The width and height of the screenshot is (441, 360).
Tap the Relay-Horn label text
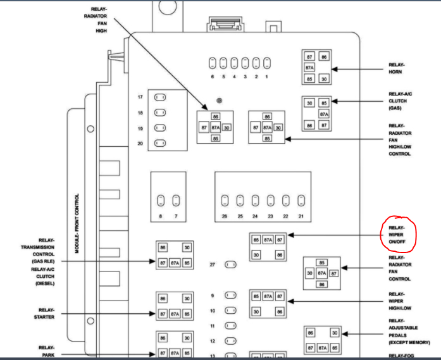coord(397,68)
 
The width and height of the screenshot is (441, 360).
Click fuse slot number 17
coord(161,97)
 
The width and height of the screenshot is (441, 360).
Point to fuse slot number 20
coord(161,144)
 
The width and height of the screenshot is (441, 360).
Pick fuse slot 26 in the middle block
coord(225,201)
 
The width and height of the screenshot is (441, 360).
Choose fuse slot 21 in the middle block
coord(301,201)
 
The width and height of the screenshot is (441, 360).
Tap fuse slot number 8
coord(161,201)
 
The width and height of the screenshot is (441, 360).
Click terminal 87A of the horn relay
coord(310,68)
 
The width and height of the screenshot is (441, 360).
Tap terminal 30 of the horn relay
coord(325,79)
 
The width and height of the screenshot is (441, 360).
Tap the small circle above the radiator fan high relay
coord(219,101)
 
